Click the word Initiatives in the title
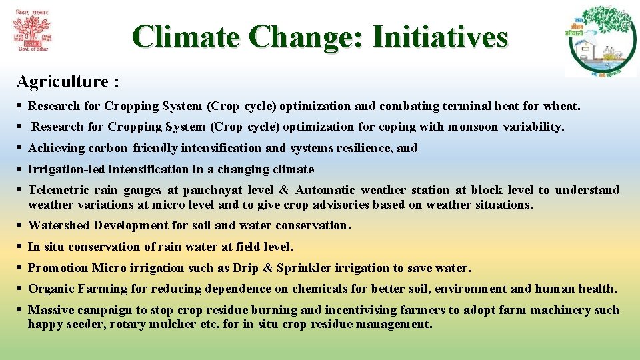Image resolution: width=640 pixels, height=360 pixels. coord(440,37)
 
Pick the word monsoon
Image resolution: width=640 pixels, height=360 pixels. coord(473,127)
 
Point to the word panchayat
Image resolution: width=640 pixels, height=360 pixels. coord(212,191)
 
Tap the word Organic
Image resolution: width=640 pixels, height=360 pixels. coord(51,289)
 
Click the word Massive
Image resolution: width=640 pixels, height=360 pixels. coord(51,310)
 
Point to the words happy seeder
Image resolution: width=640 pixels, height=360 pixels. coord(64,325)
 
